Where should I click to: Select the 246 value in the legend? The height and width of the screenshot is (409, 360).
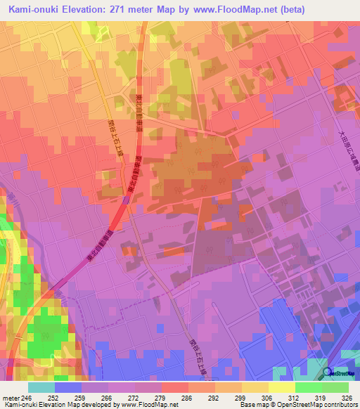[25, 398]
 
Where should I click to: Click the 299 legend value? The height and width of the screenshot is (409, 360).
[240, 398]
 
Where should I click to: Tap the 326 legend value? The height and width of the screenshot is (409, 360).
[345, 398]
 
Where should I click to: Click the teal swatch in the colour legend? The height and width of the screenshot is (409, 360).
[41, 387]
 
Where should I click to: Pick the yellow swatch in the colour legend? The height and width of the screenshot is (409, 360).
[281, 387]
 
